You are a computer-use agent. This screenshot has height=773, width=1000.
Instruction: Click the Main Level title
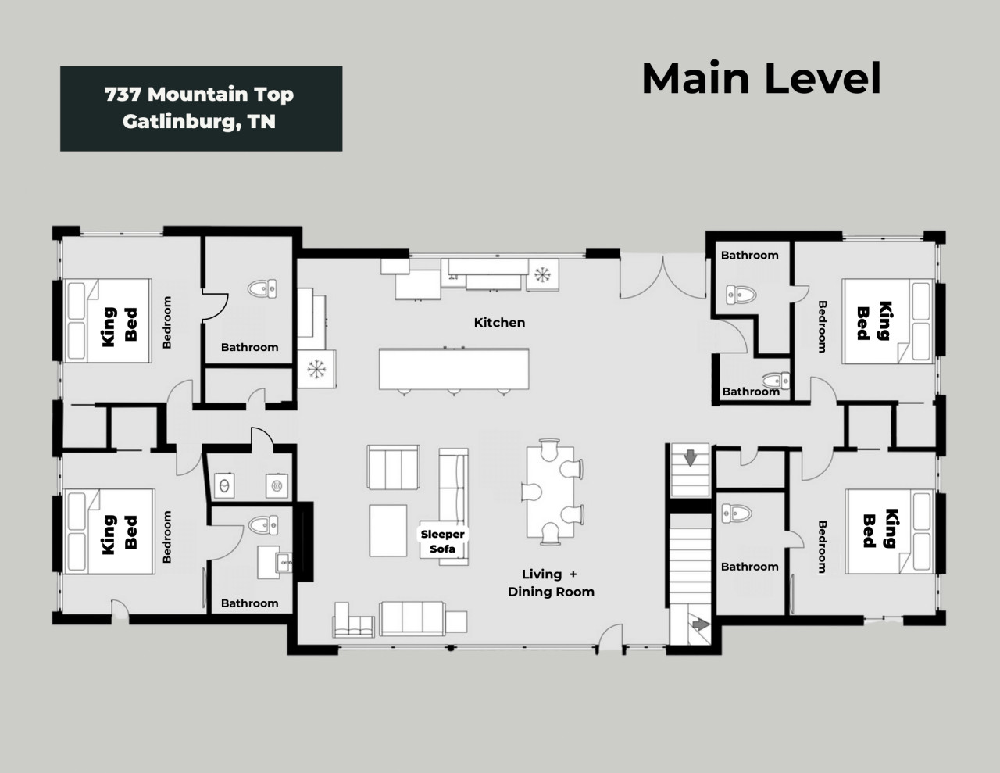click(761, 78)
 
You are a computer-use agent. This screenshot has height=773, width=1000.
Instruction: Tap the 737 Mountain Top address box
click(201, 109)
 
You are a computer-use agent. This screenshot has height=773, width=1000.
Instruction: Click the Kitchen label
click(499, 322)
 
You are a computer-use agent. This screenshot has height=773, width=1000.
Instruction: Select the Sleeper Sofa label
click(443, 542)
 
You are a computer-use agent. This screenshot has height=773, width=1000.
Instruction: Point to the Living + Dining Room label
click(551, 583)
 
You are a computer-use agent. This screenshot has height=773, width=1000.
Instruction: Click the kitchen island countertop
click(454, 369)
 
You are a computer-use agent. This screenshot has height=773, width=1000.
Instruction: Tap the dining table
click(550, 492)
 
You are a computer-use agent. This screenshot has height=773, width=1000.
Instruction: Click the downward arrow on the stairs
click(691, 458)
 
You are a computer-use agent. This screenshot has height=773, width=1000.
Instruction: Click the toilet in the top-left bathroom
click(262, 288)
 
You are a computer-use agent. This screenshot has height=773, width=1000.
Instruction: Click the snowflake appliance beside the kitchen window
click(542, 275)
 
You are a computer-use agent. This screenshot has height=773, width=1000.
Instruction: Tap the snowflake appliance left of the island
click(316, 369)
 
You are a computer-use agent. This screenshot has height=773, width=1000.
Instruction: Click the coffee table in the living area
click(388, 531)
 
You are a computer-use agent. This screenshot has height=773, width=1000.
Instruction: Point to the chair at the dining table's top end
click(549, 449)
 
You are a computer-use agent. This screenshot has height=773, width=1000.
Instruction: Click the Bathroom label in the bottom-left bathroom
click(249, 603)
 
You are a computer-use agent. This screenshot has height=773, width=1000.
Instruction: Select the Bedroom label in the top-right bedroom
click(822, 327)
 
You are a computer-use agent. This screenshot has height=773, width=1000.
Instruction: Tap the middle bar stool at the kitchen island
click(454, 392)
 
